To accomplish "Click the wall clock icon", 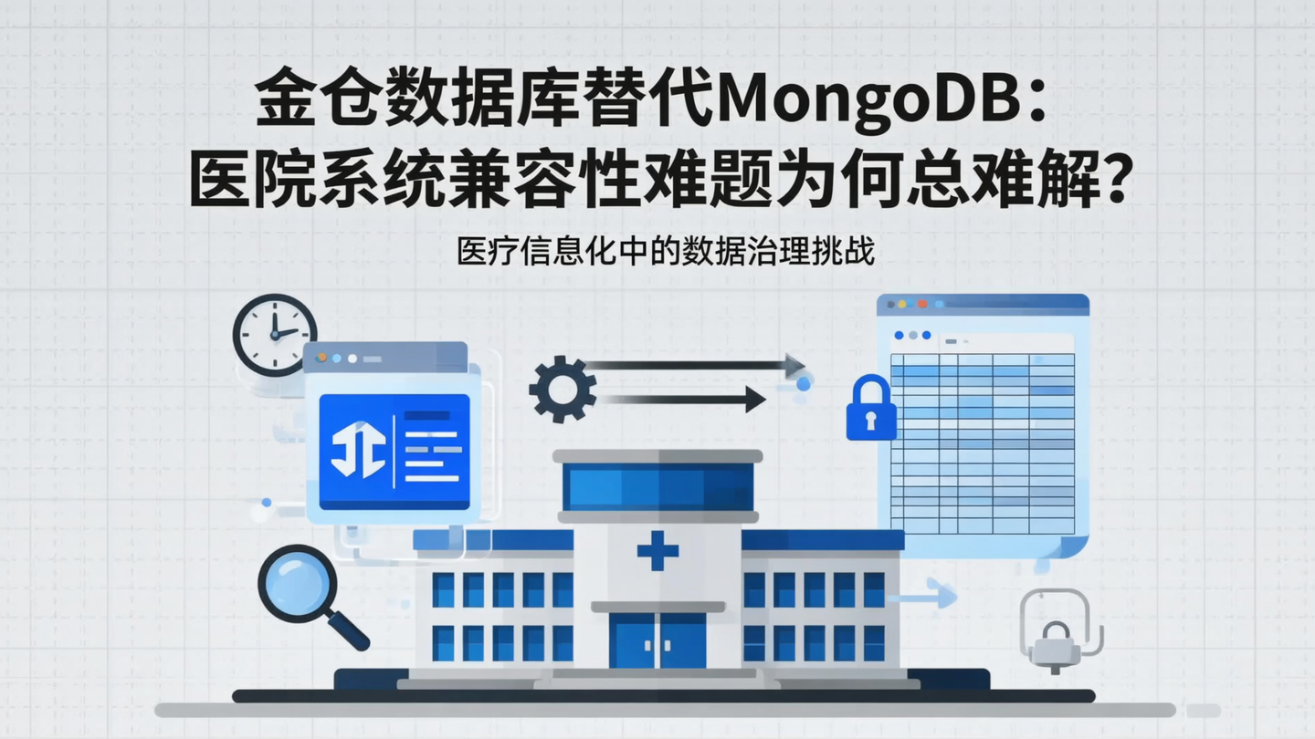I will (x=275, y=334).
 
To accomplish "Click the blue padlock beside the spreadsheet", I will (x=870, y=409).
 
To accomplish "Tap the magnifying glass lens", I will (x=293, y=579).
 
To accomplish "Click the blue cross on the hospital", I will (x=657, y=550).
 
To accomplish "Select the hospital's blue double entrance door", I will (x=657, y=639).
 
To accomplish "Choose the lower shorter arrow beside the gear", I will (x=685, y=399).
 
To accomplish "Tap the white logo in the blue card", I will (x=358, y=449).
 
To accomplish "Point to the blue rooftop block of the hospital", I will (x=657, y=486).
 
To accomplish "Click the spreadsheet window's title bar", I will (x=983, y=305).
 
